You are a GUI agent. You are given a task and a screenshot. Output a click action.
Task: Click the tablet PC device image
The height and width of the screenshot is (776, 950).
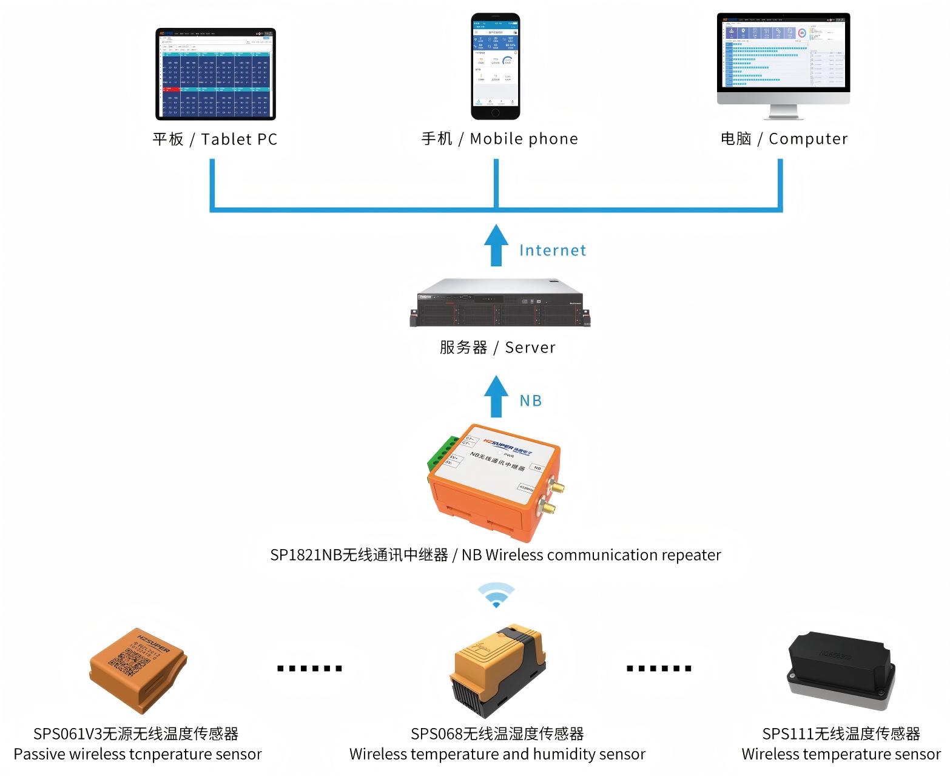pyautogui.click(x=216, y=73)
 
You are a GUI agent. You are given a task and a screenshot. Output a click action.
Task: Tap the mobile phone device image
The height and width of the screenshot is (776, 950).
pyautogui.click(x=496, y=66)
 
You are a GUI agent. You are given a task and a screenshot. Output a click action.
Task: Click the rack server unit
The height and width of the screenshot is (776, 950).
pyautogui.click(x=500, y=303)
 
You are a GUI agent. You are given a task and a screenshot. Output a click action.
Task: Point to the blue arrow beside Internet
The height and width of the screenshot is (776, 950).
pyautogui.click(x=496, y=245)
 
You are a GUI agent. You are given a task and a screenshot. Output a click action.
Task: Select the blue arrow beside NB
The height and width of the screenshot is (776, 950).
pyautogui.click(x=496, y=396)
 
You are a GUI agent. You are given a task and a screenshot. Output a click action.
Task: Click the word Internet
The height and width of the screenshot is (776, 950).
pyautogui.click(x=553, y=251)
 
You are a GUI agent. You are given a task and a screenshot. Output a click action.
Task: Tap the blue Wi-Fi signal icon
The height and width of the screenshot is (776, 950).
pyautogui.click(x=496, y=595)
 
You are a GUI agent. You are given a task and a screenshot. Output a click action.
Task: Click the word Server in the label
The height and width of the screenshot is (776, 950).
pyautogui.click(x=530, y=348)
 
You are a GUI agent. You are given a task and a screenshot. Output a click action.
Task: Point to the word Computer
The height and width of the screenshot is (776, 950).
pyautogui.click(x=808, y=139)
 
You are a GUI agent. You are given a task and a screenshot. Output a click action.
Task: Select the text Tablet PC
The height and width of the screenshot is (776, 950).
pyautogui.click(x=239, y=140)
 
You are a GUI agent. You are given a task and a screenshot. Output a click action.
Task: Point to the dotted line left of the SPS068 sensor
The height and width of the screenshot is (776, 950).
pyautogui.click(x=309, y=669)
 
